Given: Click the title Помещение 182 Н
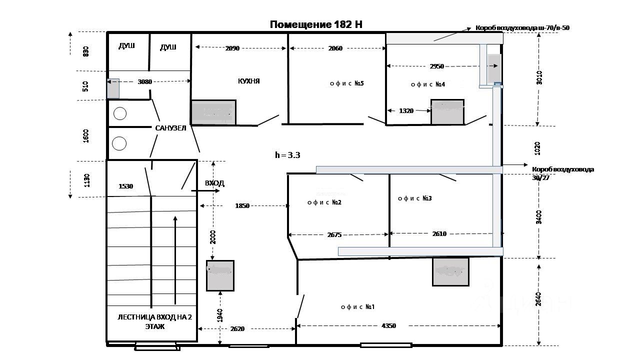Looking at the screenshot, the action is pyautogui.click(x=316, y=24).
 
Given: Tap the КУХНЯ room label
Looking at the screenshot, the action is pyautogui.click(x=248, y=81).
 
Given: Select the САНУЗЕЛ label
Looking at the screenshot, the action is pyautogui.click(x=170, y=128).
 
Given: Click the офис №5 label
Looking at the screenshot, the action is pyautogui.click(x=347, y=83).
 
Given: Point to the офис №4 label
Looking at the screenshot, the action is pyautogui.click(x=428, y=84).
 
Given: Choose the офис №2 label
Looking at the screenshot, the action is pyautogui.click(x=324, y=202).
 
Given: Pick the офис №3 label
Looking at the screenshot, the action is pyautogui.click(x=414, y=198).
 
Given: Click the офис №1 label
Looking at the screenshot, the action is pyautogui.click(x=357, y=307).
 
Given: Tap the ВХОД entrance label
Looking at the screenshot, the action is pyautogui.click(x=214, y=183).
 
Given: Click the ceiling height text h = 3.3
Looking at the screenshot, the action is pyautogui.click(x=287, y=155).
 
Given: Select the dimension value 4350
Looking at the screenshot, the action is pyautogui.click(x=388, y=326).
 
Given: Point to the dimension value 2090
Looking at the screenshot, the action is pyautogui.click(x=232, y=48).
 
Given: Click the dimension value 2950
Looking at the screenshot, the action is pyautogui.click(x=436, y=66).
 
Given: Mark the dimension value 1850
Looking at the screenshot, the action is pyautogui.click(x=242, y=206).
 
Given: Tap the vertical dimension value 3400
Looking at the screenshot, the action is pyautogui.click(x=538, y=217).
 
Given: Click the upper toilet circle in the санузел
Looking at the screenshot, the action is pyautogui.click(x=120, y=114).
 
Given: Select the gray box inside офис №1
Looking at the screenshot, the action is pyautogui.click(x=450, y=271).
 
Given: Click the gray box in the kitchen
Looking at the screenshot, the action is pyautogui.click(x=213, y=112).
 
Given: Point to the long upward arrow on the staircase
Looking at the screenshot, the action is pyautogui.click(x=175, y=259).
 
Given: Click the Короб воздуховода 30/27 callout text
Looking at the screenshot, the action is pyautogui.click(x=563, y=172).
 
